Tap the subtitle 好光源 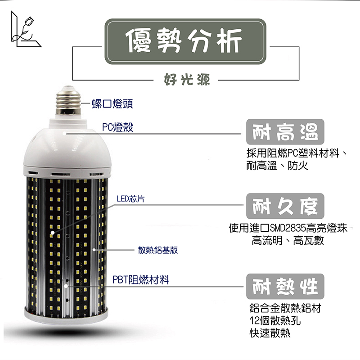click(187, 80)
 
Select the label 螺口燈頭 click(112, 104)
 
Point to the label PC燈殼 click(117, 127)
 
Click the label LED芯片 click(130, 199)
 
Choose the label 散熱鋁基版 click(158, 250)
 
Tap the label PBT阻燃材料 click(141, 280)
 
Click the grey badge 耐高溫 click(285, 131)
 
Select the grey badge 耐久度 click(285, 206)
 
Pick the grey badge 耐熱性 click(285, 286)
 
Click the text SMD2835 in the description click(288, 228)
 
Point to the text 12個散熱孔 click(275, 320)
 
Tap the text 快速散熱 click(270, 333)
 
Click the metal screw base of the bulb click(68, 101)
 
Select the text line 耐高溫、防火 click(277, 166)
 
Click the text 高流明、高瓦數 click(288, 241)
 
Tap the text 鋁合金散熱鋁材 click(285, 308)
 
